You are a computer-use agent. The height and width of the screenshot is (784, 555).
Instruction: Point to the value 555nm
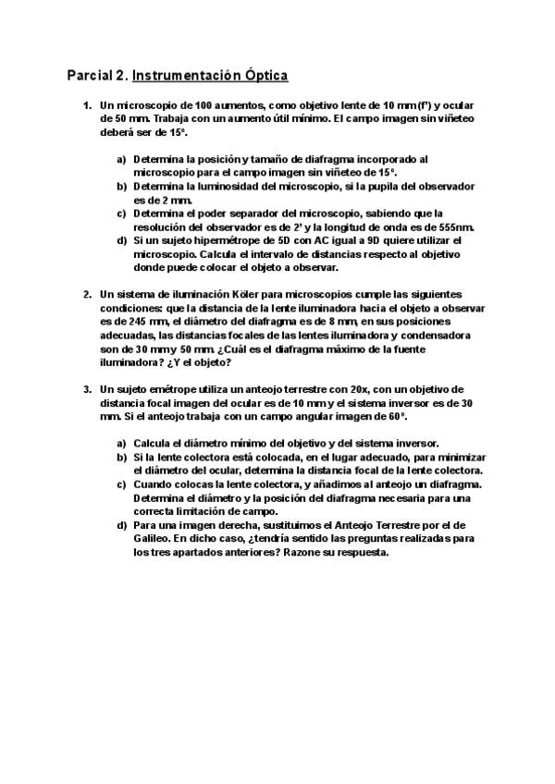pos(458,226)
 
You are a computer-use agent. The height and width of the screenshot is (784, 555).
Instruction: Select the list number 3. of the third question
pos(88,389)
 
